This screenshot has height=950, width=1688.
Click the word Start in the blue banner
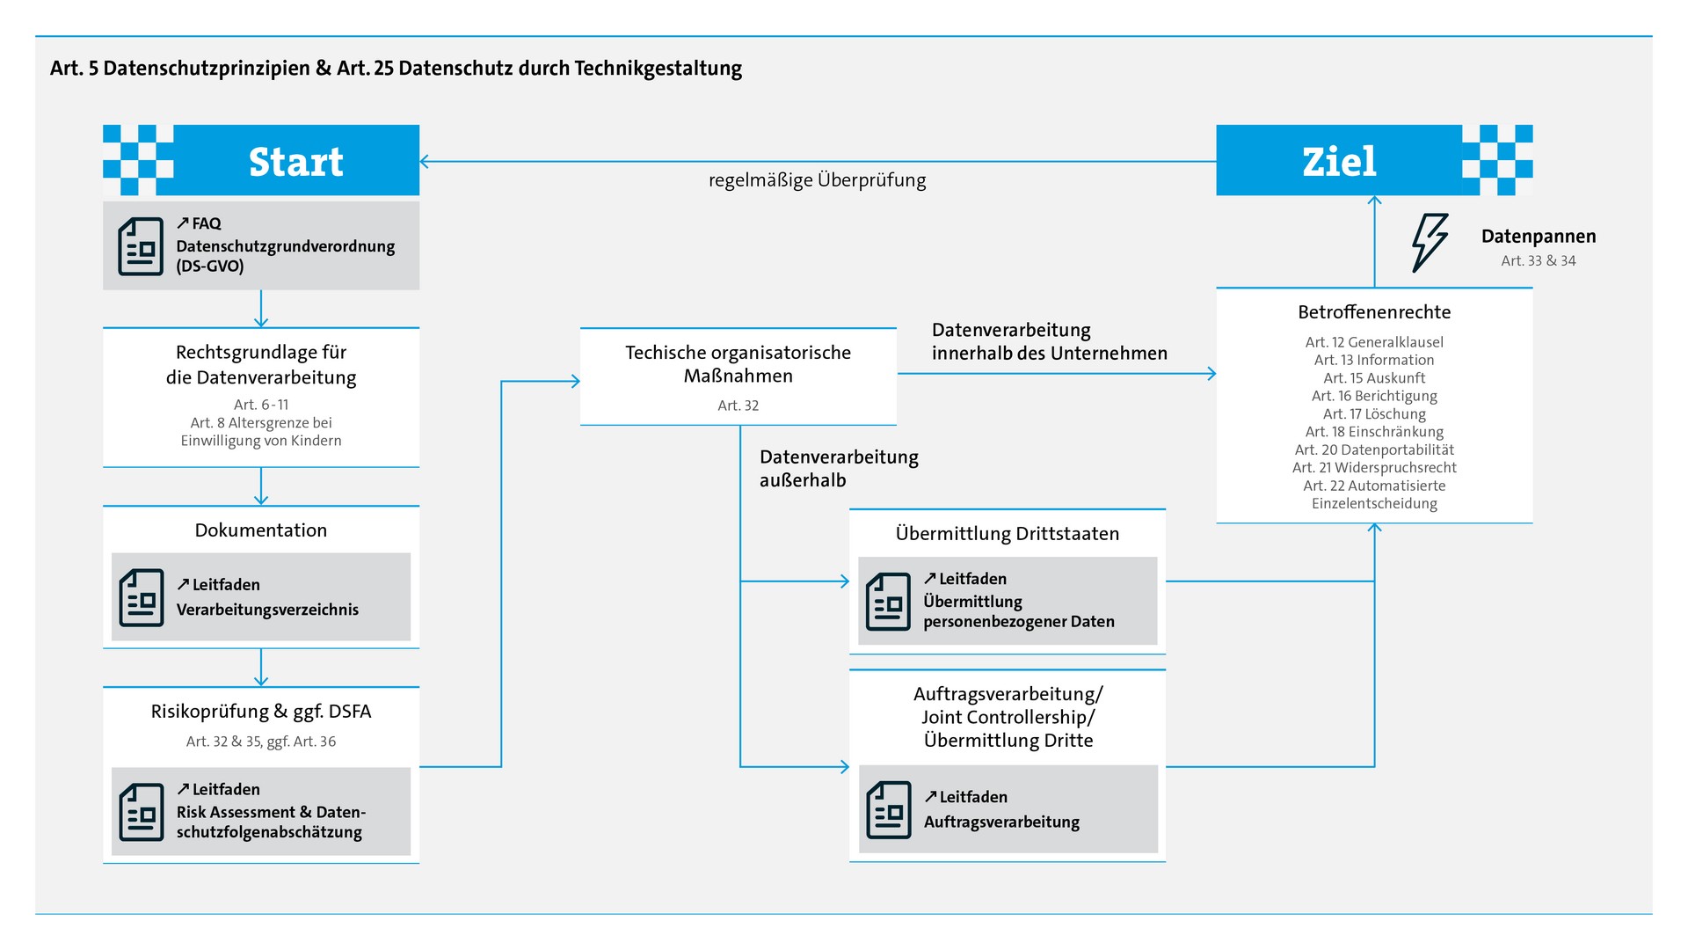tap(295, 162)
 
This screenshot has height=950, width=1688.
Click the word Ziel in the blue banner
tap(1338, 162)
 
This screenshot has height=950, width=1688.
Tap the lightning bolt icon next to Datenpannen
tap(1429, 243)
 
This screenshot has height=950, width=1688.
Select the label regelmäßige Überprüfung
tap(817, 180)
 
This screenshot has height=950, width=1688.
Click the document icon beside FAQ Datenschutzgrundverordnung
tap(141, 247)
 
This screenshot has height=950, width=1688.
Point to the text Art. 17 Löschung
tap(1374, 413)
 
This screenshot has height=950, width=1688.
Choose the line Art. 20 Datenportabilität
tap(1374, 449)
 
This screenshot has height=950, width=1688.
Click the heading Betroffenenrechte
tap(1374, 312)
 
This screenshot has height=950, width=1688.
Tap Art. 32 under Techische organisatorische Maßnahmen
tap(738, 406)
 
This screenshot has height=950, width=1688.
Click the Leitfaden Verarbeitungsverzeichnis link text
tap(267, 597)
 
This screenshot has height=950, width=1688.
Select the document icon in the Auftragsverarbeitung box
tap(889, 810)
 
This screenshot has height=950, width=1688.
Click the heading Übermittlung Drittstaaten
tap(1007, 534)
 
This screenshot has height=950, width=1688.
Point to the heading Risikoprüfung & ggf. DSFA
tap(261, 712)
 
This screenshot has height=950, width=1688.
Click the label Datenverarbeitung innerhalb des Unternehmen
tap(1049, 341)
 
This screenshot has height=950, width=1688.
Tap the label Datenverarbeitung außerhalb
tap(838, 468)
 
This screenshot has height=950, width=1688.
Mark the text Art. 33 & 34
tap(1538, 261)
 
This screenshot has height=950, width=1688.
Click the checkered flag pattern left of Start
tap(138, 160)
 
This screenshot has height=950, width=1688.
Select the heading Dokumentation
tap(261, 530)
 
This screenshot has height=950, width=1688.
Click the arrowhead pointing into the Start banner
tap(425, 161)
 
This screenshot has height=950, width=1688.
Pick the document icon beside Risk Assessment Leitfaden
tap(142, 812)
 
